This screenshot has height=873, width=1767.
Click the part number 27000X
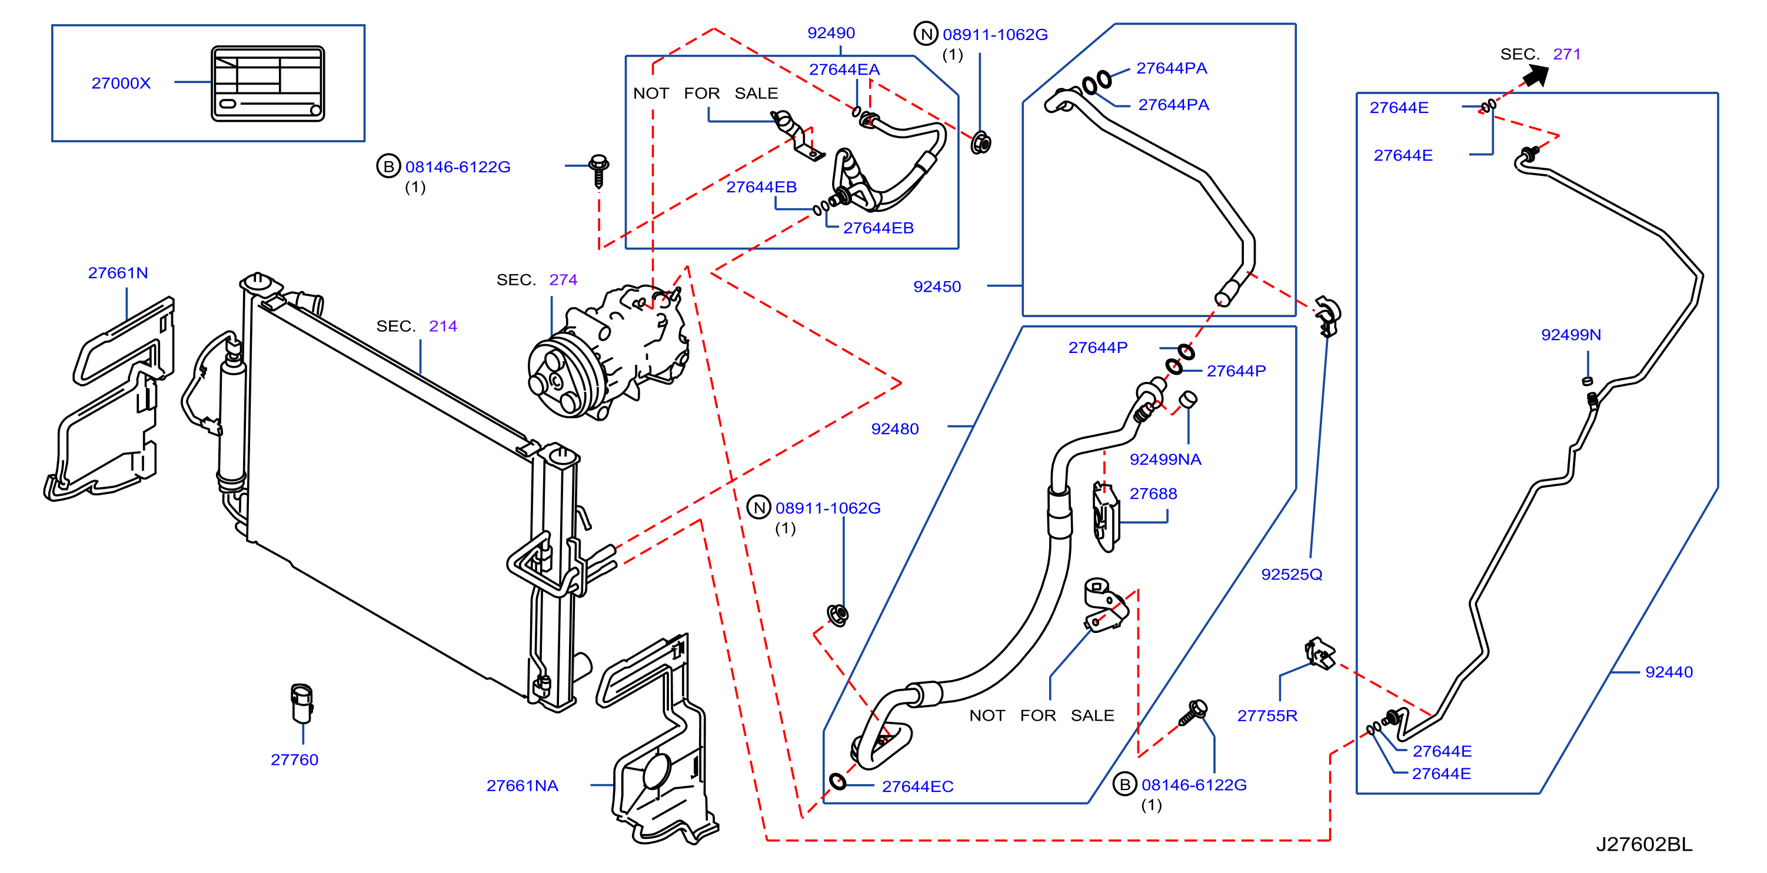(121, 83)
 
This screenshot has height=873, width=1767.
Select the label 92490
(831, 33)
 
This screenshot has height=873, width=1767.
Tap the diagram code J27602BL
(1644, 844)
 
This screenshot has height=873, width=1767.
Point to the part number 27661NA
(522, 786)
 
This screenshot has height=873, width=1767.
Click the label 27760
(294, 760)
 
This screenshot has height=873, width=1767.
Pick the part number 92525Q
(1292, 575)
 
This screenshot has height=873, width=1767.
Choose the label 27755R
(1267, 716)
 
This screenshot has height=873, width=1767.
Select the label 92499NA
(1166, 459)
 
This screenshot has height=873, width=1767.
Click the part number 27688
(1153, 494)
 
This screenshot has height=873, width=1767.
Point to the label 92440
(1669, 672)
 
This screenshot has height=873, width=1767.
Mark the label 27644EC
(918, 787)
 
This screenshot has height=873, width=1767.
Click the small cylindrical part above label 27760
(301, 703)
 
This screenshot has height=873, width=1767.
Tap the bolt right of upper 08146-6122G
(599, 171)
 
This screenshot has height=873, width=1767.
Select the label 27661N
(118, 273)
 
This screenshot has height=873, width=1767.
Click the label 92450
(937, 286)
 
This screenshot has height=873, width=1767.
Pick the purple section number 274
(563, 280)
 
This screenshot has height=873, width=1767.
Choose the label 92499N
(1571, 335)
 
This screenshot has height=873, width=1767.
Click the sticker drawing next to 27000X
(268, 84)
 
